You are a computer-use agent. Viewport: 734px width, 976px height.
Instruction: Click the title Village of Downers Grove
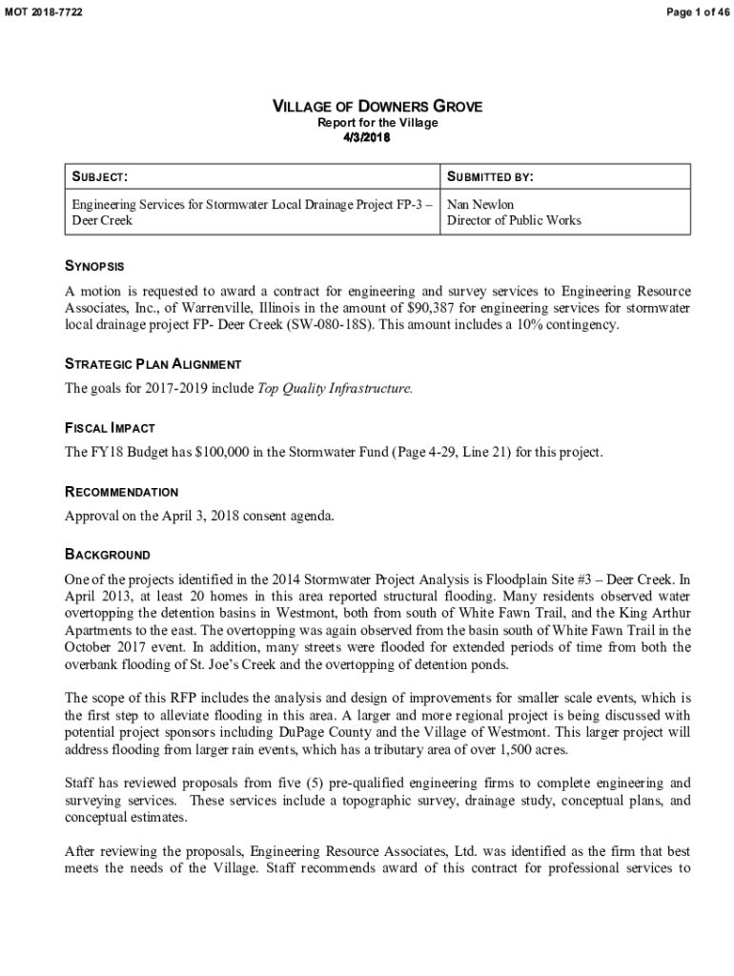[377, 107]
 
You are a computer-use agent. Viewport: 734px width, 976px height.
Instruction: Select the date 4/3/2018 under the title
[366, 137]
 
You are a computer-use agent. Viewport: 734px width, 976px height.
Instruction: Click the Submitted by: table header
[489, 177]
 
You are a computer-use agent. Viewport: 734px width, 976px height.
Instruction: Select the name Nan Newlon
[479, 205]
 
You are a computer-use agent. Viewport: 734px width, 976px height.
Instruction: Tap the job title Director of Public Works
[514, 220]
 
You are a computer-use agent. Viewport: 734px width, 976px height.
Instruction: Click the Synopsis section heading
[94, 266]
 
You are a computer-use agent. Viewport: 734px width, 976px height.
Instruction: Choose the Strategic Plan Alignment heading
[153, 364]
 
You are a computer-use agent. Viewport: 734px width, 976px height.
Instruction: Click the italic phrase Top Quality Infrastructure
[336, 389]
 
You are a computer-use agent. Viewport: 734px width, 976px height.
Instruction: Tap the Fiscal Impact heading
[110, 428]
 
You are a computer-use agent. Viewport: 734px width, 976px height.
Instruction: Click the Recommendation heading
[121, 492]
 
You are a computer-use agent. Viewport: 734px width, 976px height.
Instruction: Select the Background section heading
[107, 554]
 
